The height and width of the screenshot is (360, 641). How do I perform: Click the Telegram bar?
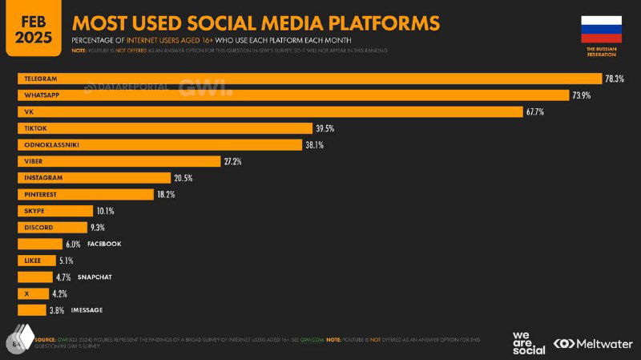click(309, 79)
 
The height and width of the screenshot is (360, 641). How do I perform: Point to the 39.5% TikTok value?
click(324, 128)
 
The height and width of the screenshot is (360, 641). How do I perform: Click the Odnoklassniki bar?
click(159, 144)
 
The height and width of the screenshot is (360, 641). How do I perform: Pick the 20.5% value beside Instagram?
click(183, 178)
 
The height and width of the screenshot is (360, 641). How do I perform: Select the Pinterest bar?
click(85, 194)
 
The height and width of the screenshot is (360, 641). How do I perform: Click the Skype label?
click(34, 211)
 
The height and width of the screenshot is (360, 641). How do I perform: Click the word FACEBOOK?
click(105, 244)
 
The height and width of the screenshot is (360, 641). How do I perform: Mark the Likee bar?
click(37, 261)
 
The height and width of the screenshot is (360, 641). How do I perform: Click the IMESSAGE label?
click(87, 310)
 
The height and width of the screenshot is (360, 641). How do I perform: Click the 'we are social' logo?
click(528, 342)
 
